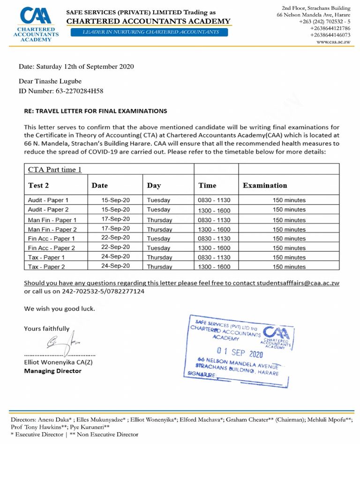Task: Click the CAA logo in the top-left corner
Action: pyautogui.click(x=32, y=23)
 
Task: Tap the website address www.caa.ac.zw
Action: pyautogui.click(x=333, y=42)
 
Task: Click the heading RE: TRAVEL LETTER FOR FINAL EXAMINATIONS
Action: pyautogui.click(x=95, y=111)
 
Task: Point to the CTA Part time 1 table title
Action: pyautogui.click(x=55, y=169)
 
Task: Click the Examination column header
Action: pyautogui.click(x=265, y=185)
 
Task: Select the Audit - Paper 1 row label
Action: pyautogui.click(x=48, y=200)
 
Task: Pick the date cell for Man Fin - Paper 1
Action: pyautogui.click(x=115, y=219)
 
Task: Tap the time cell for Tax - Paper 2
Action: pyautogui.click(x=214, y=267)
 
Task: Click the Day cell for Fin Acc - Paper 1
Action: pyautogui.click(x=158, y=238)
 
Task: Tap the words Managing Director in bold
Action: pyautogui.click(x=52, y=371)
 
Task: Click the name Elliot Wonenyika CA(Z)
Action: pyautogui.click(x=59, y=362)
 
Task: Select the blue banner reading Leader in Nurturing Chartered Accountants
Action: pyautogui.click(x=150, y=32)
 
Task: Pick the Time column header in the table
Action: pyautogui.click(x=207, y=185)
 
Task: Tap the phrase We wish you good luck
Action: pyautogui.click(x=60, y=308)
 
